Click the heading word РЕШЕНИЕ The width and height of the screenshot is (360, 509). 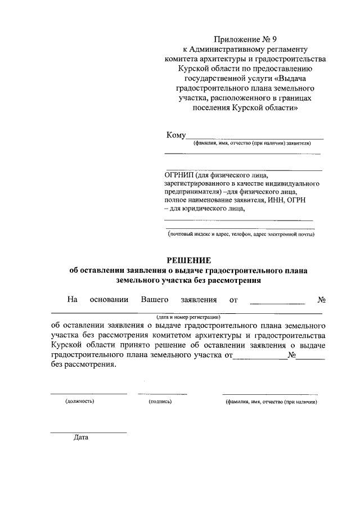pos(188,260)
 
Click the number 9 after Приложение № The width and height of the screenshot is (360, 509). pos(274,39)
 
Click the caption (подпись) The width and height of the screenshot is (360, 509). pos(160,402)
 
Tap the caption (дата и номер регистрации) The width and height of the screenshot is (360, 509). pos(188,317)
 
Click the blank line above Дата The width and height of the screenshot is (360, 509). pos(88,432)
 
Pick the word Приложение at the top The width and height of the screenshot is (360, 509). pos(237,39)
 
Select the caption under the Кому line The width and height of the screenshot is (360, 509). pos(251,143)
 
